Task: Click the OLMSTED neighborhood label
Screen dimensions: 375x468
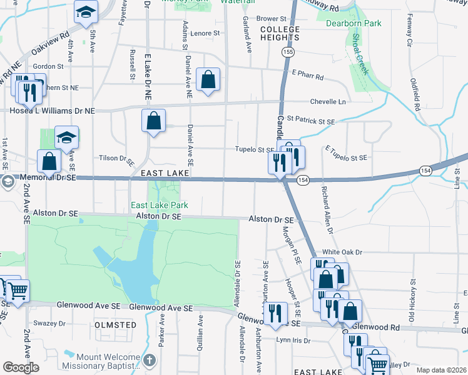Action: coord(115,325)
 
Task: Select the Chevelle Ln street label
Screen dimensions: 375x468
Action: coord(328,102)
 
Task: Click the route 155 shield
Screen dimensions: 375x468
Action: coord(287,53)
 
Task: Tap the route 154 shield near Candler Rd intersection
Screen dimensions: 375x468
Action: coord(303,180)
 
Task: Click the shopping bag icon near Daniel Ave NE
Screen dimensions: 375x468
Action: coord(208,80)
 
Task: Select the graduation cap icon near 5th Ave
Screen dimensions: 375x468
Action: coord(86,11)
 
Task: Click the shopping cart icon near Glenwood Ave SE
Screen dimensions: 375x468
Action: coord(17,290)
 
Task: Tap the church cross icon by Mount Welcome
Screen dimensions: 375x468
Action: coord(148,360)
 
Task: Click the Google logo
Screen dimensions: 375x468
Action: coord(21,367)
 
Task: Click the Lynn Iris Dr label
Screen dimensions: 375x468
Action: coord(293,341)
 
